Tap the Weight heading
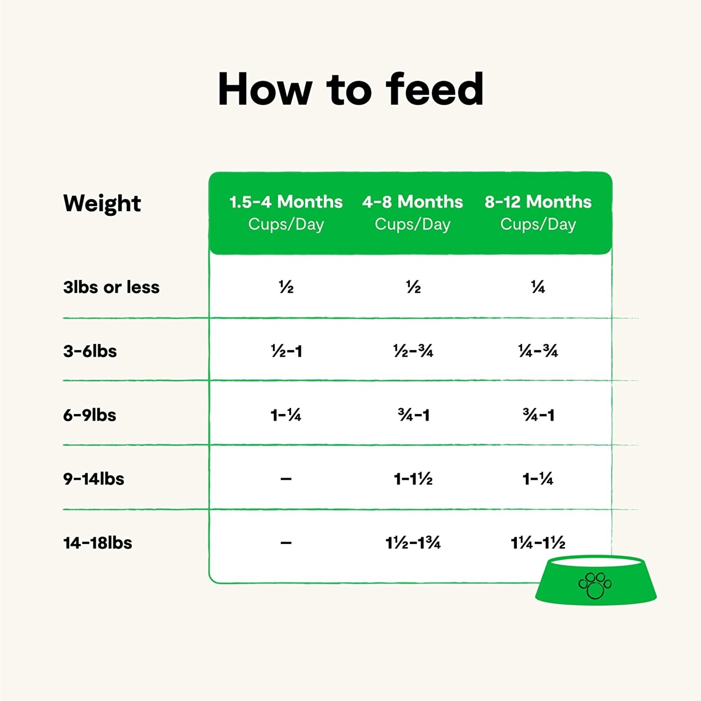102,203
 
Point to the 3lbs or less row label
111,287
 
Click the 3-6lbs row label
90,351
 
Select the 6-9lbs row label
90,415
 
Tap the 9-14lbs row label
94,479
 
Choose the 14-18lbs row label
98,543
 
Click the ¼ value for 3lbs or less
538,287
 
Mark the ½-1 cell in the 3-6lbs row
286,351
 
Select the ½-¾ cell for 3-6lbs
413,351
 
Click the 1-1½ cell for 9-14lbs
413,479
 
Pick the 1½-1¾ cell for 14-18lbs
413,543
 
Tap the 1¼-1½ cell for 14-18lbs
538,543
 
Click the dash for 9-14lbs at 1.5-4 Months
286,479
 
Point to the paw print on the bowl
595,586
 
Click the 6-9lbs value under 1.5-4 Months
286,415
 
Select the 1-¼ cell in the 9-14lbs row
538,479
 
